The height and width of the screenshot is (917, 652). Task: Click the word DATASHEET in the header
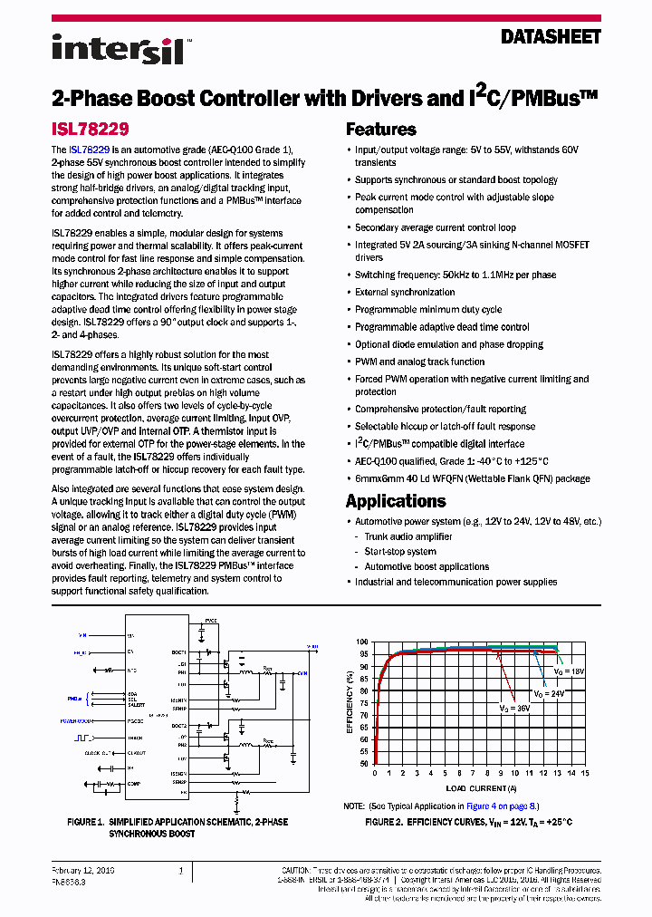click(x=551, y=37)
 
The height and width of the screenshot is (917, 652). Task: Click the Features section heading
click(x=380, y=130)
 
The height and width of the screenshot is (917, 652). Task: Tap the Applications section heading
click(x=396, y=501)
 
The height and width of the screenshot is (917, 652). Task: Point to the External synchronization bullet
click(x=405, y=293)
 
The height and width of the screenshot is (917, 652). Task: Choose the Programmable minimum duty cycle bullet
click(x=427, y=310)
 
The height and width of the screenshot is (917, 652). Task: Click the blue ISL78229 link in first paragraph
click(x=90, y=149)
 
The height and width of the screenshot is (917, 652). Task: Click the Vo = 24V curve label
click(x=550, y=693)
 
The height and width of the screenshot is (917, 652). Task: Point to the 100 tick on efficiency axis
click(x=362, y=642)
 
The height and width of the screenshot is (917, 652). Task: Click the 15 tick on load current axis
click(x=585, y=774)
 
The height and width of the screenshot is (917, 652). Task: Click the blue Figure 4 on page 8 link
click(x=502, y=806)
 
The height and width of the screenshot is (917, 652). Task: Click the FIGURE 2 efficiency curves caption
click(x=468, y=822)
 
